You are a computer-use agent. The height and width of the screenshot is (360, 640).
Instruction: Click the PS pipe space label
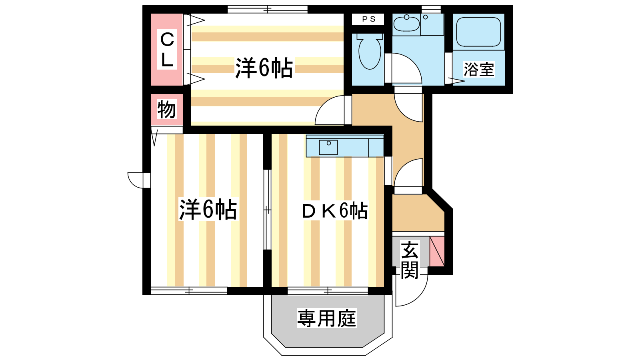click(x=368, y=19)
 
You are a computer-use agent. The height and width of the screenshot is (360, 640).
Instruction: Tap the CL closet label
click(x=167, y=50)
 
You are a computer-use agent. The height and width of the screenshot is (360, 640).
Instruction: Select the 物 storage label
click(x=166, y=109)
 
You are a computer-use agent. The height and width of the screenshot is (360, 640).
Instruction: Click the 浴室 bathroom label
click(x=478, y=70)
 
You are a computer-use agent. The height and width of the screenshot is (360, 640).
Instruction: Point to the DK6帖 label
click(x=335, y=211)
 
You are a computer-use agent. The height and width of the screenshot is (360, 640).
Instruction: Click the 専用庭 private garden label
click(x=327, y=318)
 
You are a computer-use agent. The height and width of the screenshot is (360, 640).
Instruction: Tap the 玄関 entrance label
click(x=410, y=260)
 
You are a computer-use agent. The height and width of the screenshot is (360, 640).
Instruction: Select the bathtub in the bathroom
click(x=478, y=32)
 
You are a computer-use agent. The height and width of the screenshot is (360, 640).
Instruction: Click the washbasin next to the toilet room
click(x=406, y=24)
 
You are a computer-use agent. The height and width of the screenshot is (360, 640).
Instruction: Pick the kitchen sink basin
click(x=328, y=148)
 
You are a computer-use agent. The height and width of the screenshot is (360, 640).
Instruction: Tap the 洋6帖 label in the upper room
click(x=264, y=68)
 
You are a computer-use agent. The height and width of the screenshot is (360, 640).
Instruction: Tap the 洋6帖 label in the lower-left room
click(x=208, y=210)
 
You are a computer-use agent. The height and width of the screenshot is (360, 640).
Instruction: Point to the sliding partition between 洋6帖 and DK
click(x=267, y=210)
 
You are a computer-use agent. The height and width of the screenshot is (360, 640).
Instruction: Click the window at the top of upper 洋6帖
click(x=268, y=10)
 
